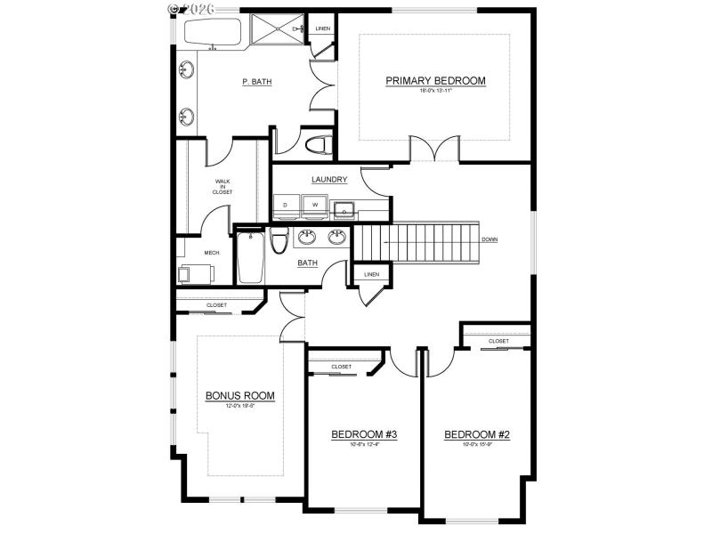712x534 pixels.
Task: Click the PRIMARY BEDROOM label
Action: point(435,81)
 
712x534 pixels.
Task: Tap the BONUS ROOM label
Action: point(239,395)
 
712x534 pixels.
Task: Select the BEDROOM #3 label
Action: point(363,434)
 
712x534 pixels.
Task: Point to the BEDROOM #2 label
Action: point(476,434)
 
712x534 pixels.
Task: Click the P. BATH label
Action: point(256,82)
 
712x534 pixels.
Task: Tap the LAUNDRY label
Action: point(328,180)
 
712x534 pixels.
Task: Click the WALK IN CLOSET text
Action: point(222,186)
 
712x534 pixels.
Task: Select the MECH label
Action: point(212,253)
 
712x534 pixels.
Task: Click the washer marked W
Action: point(313,206)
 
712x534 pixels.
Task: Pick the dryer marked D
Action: point(286,206)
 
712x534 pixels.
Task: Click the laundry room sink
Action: point(344,210)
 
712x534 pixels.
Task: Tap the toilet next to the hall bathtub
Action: point(278,241)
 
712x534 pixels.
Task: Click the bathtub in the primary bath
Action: point(213,34)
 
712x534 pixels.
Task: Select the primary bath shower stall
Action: point(276,32)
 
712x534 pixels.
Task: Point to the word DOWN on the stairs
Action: point(489,239)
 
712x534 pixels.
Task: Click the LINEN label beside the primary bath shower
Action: point(322,29)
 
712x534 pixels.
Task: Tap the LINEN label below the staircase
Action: point(371,274)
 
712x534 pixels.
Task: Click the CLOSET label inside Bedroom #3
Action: point(341,367)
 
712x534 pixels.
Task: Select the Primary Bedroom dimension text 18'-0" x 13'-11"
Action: point(435,91)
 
